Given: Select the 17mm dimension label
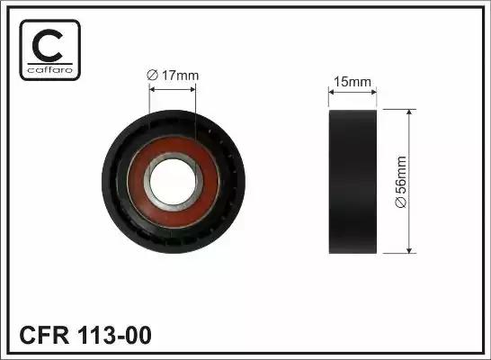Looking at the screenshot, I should tap(179, 75).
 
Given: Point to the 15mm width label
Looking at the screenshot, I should tap(353, 83).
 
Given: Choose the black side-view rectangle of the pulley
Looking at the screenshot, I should tap(353, 181).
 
